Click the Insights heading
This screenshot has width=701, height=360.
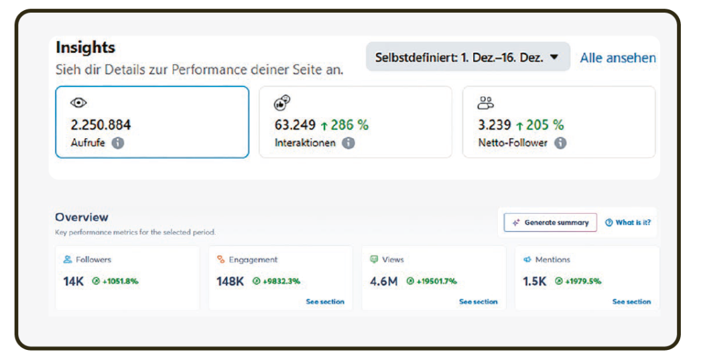[x=85, y=48]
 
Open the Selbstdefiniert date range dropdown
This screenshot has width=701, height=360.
[x=467, y=58]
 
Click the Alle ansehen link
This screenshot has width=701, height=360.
[x=617, y=58]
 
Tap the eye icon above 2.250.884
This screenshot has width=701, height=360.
[x=78, y=103]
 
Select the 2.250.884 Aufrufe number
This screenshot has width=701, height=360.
[x=101, y=125]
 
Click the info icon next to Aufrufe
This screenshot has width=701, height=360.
[x=118, y=143]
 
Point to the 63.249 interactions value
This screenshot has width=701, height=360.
[x=295, y=125]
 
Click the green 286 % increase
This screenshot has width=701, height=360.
[x=344, y=125]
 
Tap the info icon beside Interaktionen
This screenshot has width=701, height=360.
[x=348, y=143]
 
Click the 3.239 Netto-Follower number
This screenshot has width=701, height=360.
[x=495, y=125]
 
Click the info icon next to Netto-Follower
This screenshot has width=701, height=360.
[x=560, y=143]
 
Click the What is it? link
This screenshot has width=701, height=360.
[x=628, y=223]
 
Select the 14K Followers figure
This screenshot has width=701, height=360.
[x=73, y=282]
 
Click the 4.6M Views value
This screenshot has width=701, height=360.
[x=383, y=282]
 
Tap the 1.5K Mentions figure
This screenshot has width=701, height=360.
[x=535, y=282]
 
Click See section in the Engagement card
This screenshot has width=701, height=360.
[x=325, y=302]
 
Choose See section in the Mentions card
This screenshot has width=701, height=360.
[x=631, y=302]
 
